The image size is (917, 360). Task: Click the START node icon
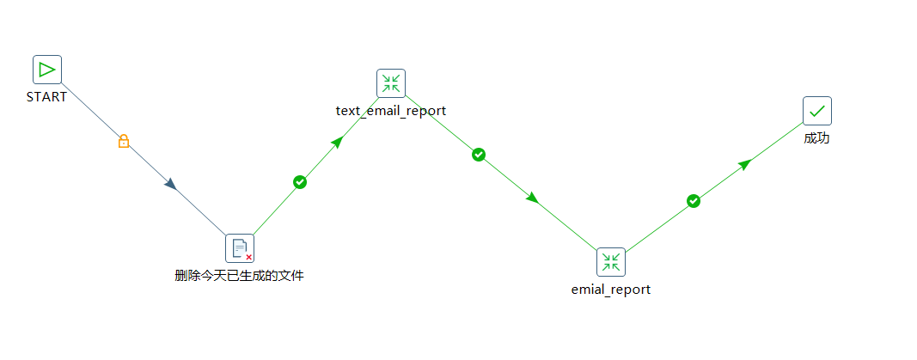tap(46, 70)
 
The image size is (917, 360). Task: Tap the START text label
tap(46, 97)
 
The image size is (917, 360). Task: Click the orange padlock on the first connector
tap(124, 141)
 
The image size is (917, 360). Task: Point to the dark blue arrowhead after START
tap(171, 185)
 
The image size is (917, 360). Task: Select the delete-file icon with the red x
tap(240, 248)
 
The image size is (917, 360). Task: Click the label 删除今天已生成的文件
tap(239, 276)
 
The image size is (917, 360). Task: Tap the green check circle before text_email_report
tap(300, 182)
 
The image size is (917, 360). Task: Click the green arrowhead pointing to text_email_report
tap(337, 143)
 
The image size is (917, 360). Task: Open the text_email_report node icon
tap(391, 83)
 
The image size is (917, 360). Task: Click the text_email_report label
tap(391, 111)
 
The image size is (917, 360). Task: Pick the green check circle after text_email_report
tap(479, 155)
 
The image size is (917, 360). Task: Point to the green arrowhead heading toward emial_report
tap(532, 198)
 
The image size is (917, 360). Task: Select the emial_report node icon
tap(611, 262)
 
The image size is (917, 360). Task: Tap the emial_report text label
tap(611, 290)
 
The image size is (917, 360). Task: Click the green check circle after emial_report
tap(693, 201)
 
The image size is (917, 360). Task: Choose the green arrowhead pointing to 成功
tap(744, 164)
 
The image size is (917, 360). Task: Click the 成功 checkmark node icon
tap(817, 111)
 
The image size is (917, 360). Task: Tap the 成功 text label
tap(817, 138)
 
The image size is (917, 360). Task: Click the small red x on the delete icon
tap(248, 257)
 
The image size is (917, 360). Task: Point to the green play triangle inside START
tap(46, 70)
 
